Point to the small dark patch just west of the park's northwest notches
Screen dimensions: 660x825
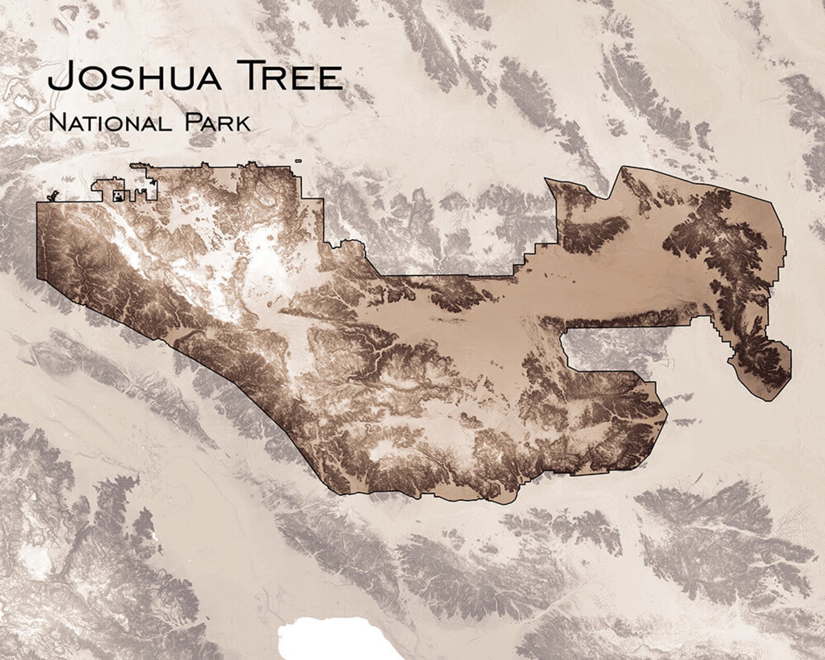tap(52, 196)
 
